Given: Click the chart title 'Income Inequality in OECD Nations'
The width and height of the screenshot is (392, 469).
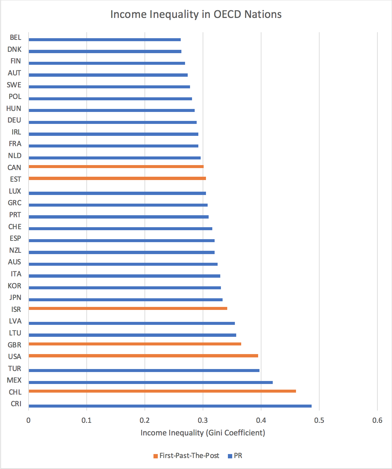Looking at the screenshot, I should [196, 14].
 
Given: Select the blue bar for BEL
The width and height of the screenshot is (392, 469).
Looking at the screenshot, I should [105, 40].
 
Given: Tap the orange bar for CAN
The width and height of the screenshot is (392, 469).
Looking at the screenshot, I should [116, 166].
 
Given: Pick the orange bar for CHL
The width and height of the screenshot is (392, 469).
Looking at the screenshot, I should [162, 391].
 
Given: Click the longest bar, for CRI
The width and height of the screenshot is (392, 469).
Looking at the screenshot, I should [170, 406].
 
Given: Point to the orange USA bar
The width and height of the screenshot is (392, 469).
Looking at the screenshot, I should [143, 356].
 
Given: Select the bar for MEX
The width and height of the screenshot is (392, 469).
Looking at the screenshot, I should [150, 382].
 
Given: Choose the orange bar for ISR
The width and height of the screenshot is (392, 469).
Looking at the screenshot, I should [128, 308].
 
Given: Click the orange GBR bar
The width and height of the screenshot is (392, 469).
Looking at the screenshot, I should [135, 344].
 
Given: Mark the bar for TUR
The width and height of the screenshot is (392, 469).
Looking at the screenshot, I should [144, 370].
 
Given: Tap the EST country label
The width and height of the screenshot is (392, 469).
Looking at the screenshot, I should [16, 179].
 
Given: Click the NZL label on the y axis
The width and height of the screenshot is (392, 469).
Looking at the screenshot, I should [15, 250].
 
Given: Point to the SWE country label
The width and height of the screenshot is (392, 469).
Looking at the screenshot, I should [14, 85].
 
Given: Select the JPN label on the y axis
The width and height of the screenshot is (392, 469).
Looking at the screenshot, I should [15, 298].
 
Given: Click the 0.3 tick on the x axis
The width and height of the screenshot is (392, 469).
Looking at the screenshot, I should [203, 421].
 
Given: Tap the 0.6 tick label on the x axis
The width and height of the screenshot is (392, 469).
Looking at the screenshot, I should [377, 421].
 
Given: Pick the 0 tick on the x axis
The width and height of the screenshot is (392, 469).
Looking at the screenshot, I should [29, 421].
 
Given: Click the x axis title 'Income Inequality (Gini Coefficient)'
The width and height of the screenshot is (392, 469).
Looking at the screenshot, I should [203, 433].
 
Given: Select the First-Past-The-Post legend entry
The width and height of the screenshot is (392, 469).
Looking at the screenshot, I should [186, 456].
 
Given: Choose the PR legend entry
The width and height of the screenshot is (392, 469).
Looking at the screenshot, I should [235, 456].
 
